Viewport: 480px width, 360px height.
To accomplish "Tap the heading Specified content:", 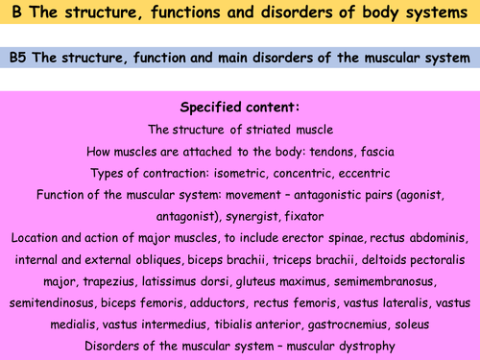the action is [240, 107].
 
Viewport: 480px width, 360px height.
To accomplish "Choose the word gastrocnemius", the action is [342, 326].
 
